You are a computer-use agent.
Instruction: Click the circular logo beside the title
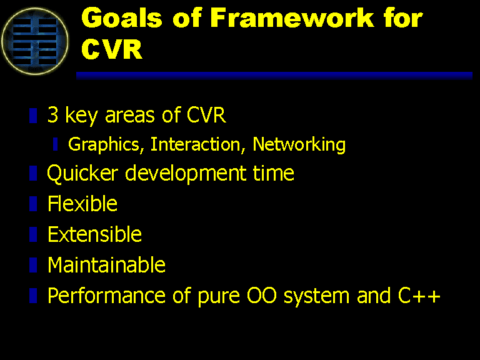[35, 41]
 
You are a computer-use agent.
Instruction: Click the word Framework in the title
[292, 18]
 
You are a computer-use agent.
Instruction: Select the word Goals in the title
[121, 18]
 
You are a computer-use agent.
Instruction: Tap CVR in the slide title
[112, 49]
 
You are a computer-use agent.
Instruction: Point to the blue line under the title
[274, 76]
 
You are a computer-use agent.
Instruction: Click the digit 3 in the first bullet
[52, 115]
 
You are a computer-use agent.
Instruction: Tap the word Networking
[299, 144]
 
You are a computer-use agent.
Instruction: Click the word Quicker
[82, 173]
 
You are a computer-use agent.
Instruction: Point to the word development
[186, 174]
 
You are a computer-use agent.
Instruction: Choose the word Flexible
[82, 204]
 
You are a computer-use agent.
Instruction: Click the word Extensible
[94, 234]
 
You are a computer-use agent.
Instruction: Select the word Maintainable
[106, 265]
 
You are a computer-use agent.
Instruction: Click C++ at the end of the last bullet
[419, 296]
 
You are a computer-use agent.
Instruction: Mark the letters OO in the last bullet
[262, 296]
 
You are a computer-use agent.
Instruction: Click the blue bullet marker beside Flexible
[33, 204]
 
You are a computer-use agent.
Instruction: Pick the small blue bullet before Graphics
[55, 144]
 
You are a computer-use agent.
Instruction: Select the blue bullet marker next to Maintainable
[33, 265]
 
